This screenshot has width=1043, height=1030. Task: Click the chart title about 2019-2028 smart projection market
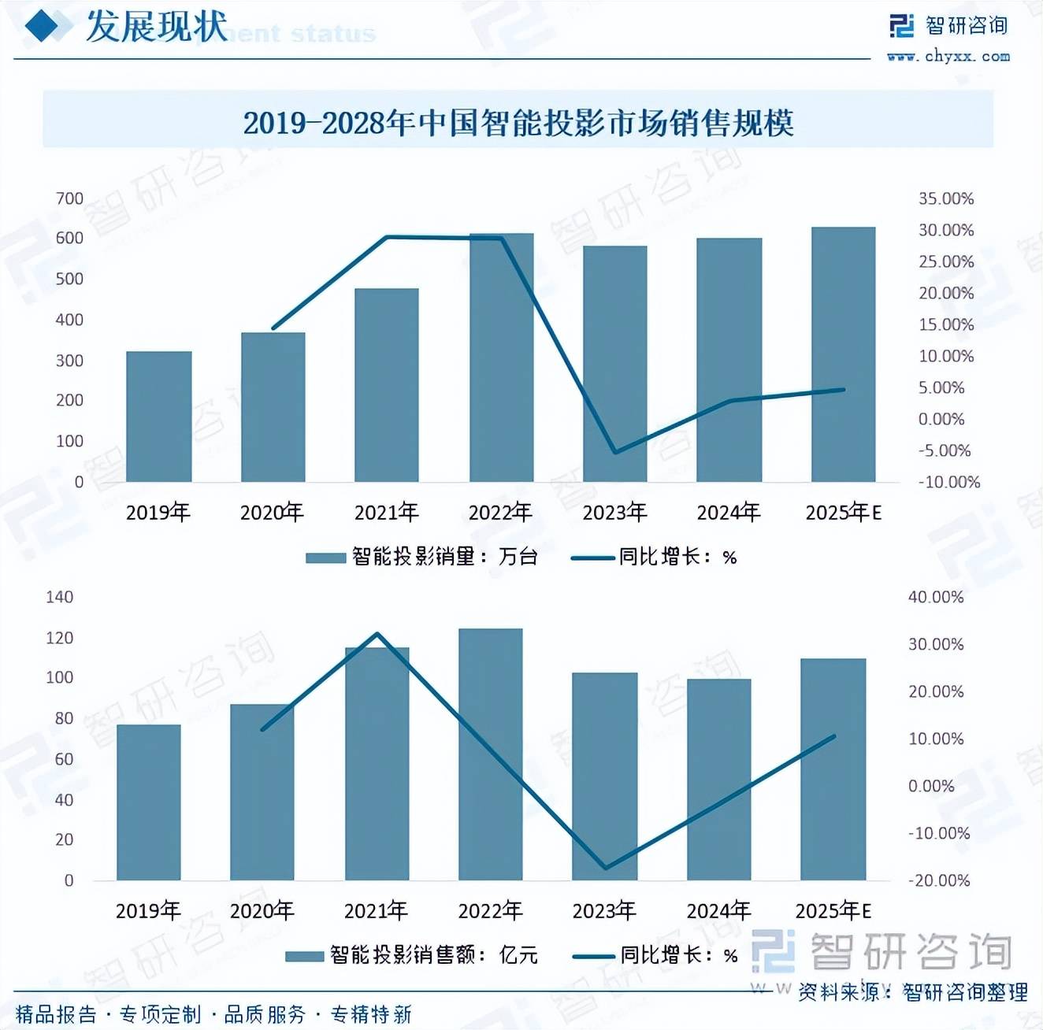tap(518, 123)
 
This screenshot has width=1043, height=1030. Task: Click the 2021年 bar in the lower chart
tap(377, 763)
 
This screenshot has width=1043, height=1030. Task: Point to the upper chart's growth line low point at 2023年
tap(615, 452)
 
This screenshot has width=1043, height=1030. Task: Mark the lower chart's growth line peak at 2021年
tap(377, 634)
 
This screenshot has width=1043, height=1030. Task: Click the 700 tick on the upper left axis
tap(69, 198)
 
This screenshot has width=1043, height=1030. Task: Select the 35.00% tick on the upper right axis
tap(945, 198)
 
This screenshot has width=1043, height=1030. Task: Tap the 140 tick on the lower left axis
tap(59, 597)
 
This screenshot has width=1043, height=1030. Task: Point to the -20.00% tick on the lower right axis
tap(938, 880)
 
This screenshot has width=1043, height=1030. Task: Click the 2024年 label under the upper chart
tap(728, 513)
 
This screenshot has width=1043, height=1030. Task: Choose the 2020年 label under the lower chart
tap(262, 911)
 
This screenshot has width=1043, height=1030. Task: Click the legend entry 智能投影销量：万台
tap(421, 557)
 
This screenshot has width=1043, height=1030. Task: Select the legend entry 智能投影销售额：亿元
tap(411, 955)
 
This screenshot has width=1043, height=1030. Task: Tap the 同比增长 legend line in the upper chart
tap(592, 558)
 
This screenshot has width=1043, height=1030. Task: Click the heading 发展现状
tap(156, 27)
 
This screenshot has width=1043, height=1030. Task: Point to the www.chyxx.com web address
tap(948, 56)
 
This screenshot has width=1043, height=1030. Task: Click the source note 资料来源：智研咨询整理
tap(912, 992)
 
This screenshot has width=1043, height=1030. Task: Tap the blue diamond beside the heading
tap(43, 27)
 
